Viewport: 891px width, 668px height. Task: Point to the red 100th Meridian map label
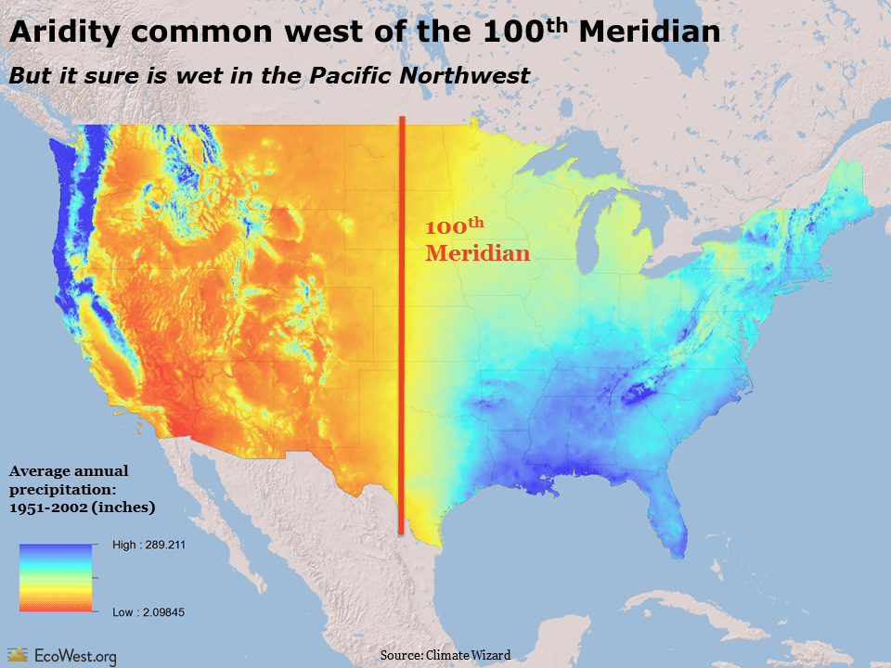(x=477, y=240)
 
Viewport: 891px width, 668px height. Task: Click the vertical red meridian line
(x=401, y=371)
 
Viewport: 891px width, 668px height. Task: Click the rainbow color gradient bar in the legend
(x=55, y=578)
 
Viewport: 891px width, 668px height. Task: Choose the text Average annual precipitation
(x=70, y=481)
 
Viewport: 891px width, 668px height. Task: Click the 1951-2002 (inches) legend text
(x=82, y=507)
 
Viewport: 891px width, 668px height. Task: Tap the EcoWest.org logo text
(x=75, y=656)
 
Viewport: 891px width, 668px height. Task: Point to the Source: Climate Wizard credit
(x=445, y=655)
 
